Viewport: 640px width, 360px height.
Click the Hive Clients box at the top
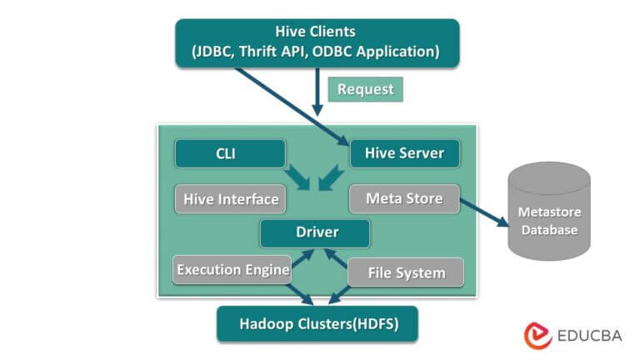point(317,42)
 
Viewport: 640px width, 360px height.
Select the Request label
point(365,88)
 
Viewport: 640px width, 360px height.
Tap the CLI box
point(230,153)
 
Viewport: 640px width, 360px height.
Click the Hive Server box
point(404,153)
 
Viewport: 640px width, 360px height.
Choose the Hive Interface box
point(227,198)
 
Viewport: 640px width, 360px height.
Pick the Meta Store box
point(403,198)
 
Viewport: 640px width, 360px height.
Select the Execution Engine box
point(232,269)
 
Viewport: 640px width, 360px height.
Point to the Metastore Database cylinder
point(547,210)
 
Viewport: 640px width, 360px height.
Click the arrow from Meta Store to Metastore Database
point(484,212)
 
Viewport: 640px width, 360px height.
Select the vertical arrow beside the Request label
point(317,92)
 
